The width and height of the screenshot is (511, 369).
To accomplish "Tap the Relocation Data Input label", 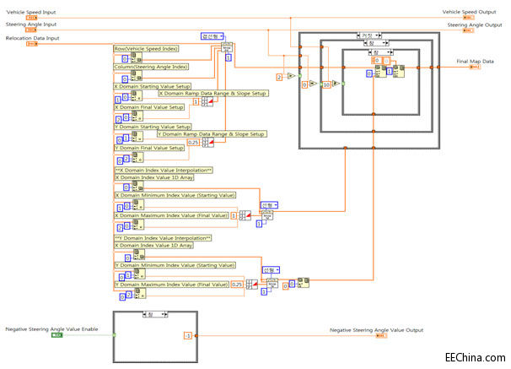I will click(32, 39).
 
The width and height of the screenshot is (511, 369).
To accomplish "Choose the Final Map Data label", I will click(476, 62).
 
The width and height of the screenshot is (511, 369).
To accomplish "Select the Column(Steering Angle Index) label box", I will click(152, 66).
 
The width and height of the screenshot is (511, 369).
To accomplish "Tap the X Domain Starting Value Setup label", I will click(153, 86).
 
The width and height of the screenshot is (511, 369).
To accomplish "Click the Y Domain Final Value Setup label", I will click(149, 148).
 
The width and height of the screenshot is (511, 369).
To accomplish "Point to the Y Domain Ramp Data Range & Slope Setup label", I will click(212, 134).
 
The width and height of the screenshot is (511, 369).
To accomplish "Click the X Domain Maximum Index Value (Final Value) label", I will click(171, 215).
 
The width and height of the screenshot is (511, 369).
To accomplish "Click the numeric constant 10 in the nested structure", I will click(325, 85).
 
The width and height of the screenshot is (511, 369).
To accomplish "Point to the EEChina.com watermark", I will click(476, 358).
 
